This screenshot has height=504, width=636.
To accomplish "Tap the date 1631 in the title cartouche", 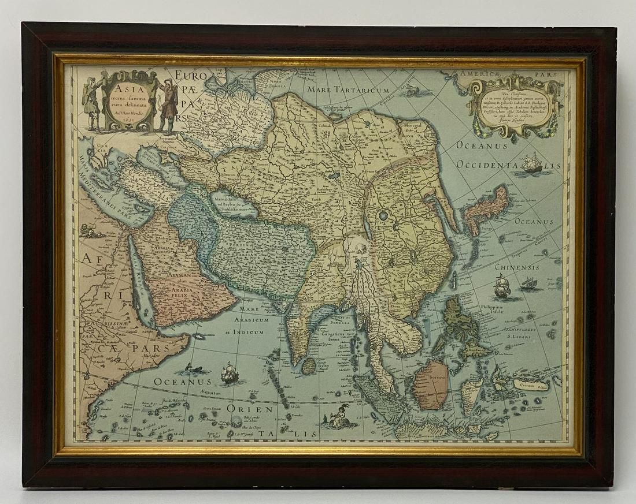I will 128,122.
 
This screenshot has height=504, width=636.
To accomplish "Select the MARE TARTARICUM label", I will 348,90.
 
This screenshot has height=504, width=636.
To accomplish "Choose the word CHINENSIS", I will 516,267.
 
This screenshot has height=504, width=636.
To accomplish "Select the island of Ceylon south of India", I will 309,365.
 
